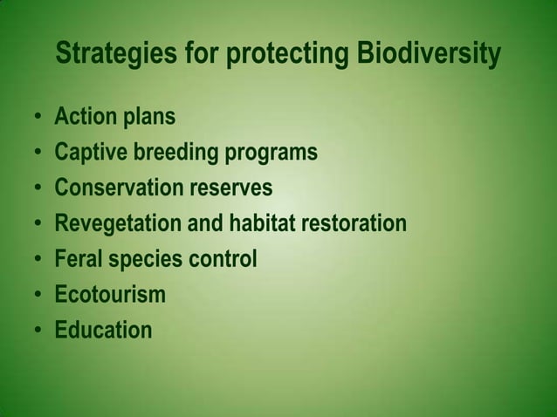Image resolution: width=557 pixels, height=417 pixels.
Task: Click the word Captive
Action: pos(90,154)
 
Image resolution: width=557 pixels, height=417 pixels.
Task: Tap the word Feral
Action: pos(79,260)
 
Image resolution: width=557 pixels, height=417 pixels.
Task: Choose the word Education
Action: pos(103,331)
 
